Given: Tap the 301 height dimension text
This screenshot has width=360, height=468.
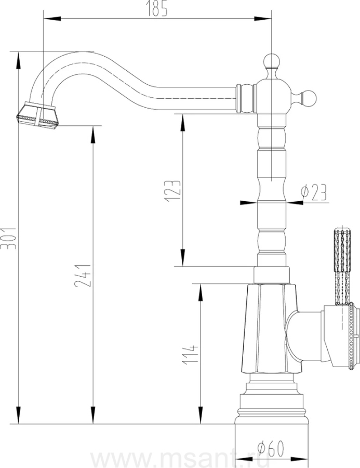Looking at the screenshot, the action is point(8,238).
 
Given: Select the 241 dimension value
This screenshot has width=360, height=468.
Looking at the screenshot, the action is point(83,275).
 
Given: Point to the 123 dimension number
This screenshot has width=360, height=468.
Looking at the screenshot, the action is point(172,191).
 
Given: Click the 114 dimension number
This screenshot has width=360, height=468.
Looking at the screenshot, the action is point(190,355).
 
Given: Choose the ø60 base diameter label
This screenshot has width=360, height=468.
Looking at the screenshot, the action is point(271,449).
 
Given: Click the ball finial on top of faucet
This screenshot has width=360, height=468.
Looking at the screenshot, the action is point(271,62).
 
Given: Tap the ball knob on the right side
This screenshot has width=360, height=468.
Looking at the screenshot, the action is point(309,98).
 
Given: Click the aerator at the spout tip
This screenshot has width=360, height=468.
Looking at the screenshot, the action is point(37,116).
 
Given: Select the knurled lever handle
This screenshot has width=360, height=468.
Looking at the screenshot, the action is point(342,267).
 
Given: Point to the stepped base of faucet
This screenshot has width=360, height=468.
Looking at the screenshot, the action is point(271,399).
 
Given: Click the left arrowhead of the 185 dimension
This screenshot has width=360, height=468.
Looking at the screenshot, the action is point(52,19).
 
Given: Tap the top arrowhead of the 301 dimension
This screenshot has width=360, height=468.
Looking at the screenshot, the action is point(19,61).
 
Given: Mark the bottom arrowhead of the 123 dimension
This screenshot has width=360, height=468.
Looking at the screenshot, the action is point(182,257).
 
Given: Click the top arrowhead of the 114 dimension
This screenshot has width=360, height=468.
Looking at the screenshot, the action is point(201,292).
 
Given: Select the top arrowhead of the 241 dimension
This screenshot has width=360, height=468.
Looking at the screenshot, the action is point(94,135).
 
